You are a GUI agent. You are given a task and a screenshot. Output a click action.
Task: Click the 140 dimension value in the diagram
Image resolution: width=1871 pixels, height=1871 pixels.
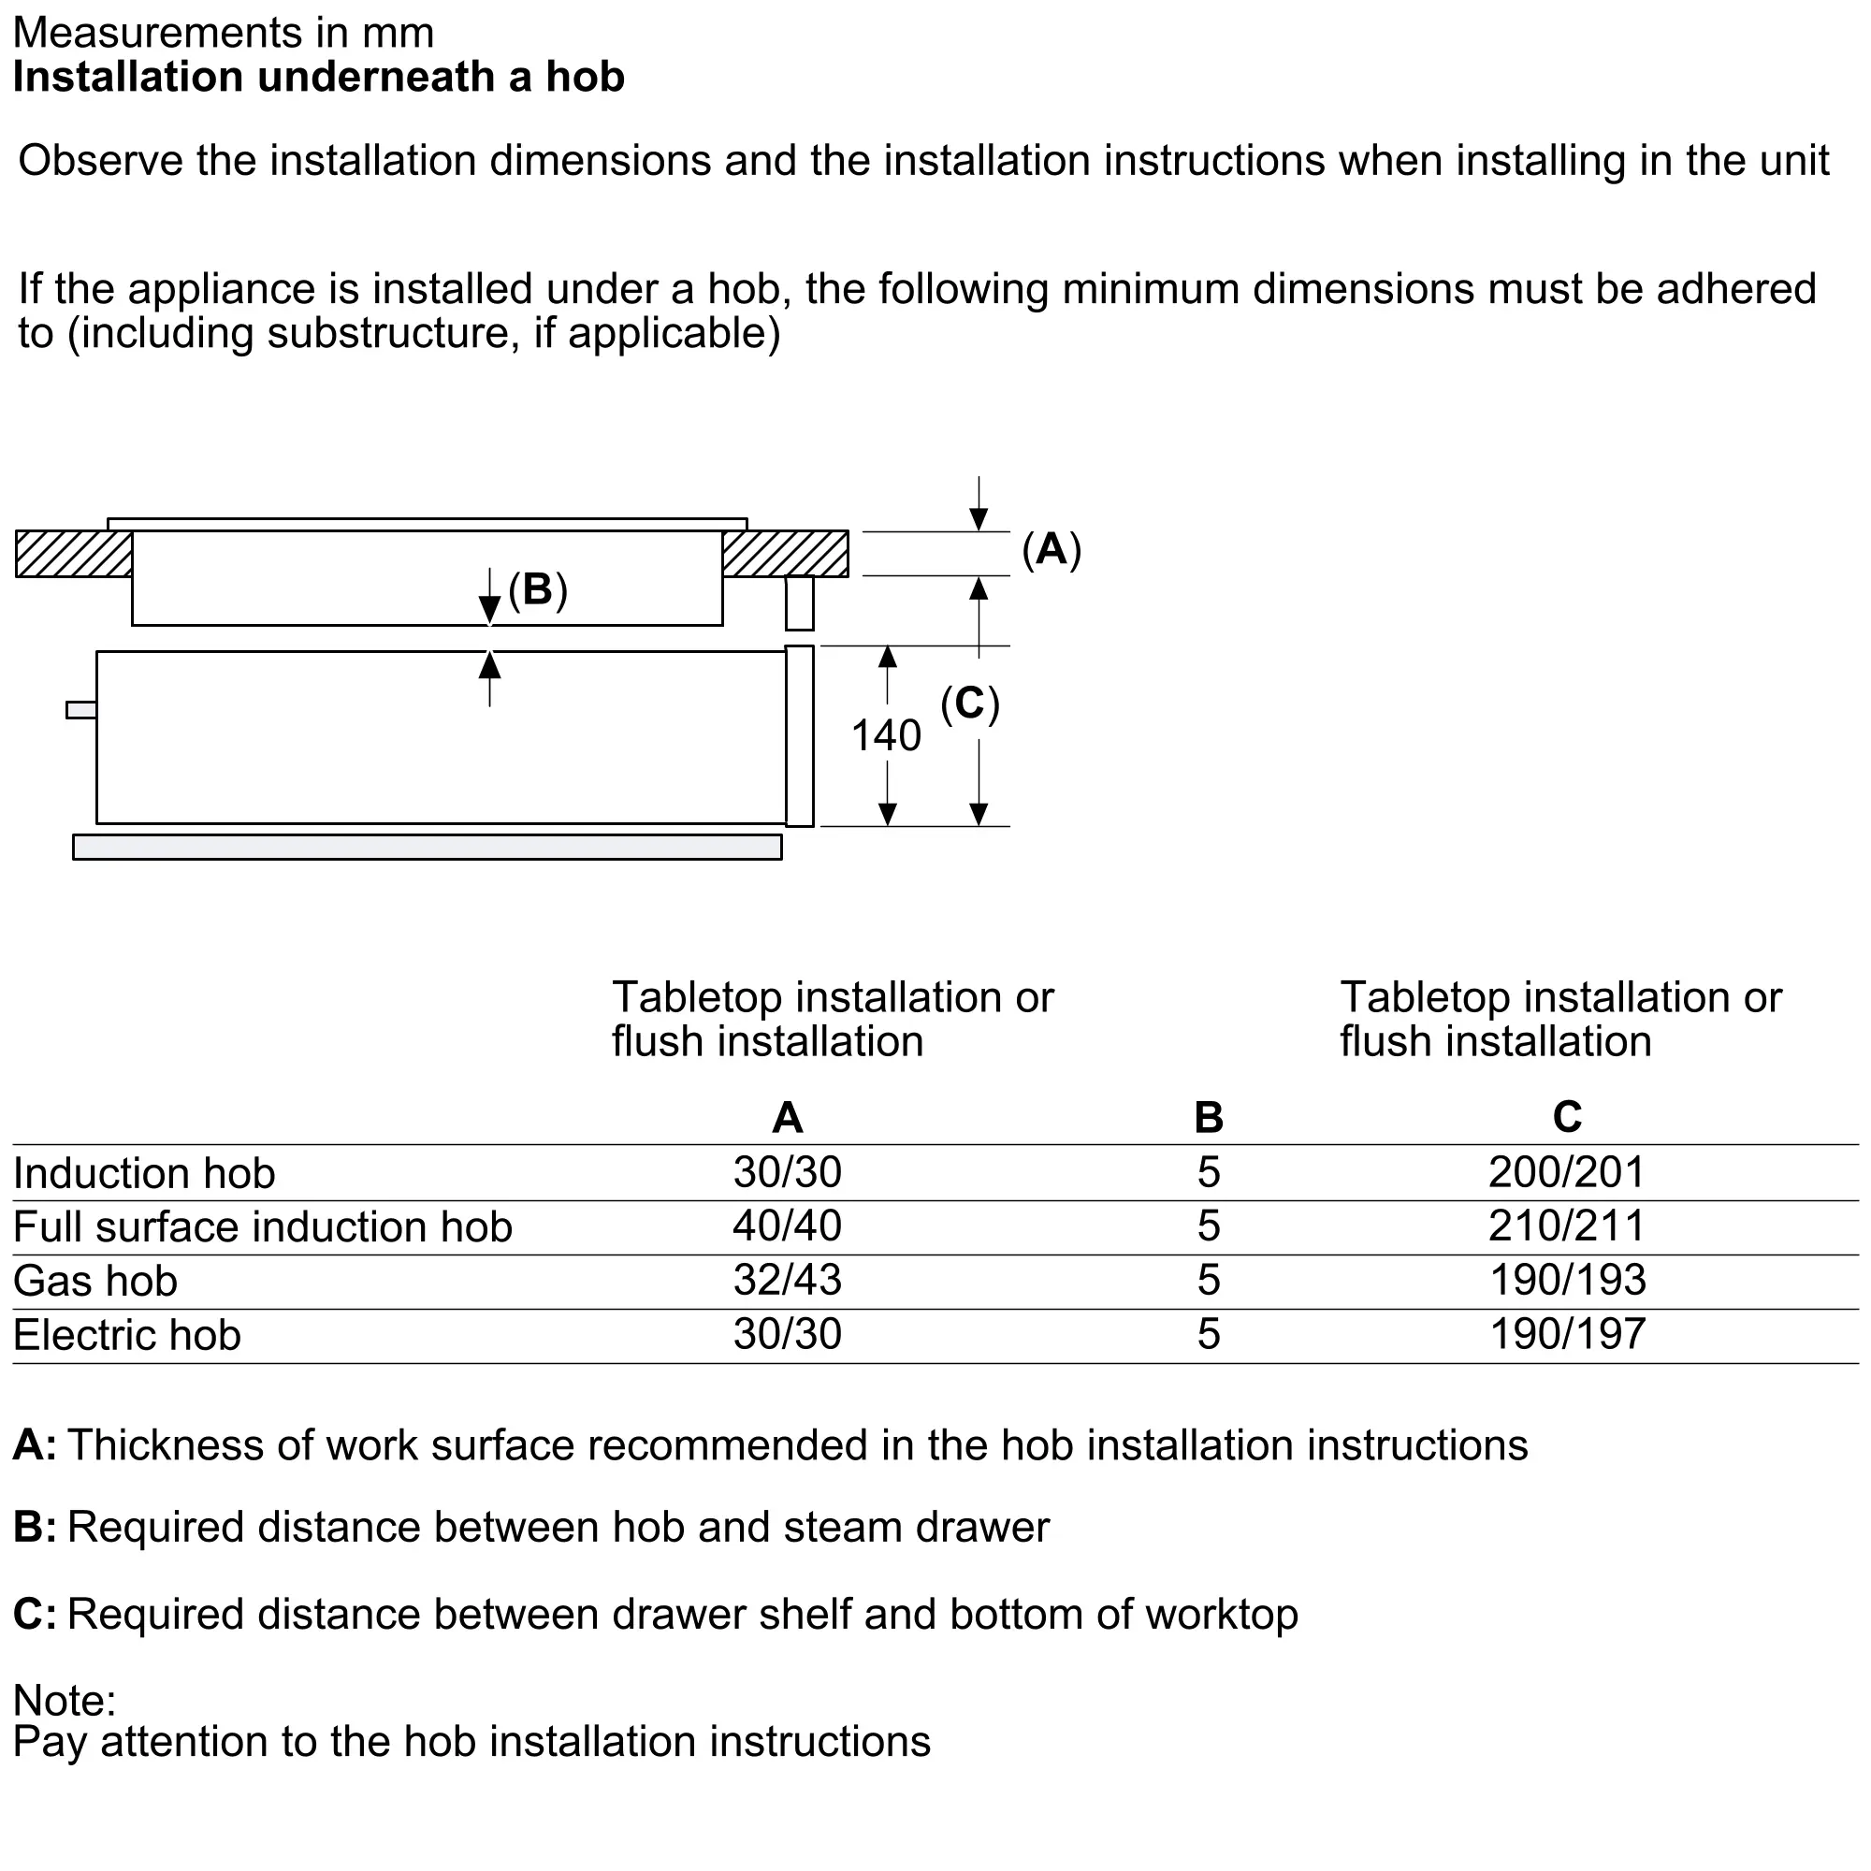pyautogui.click(x=885, y=735)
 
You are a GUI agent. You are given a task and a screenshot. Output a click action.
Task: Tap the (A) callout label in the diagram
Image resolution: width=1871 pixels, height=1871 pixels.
pyautogui.click(x=1051, y=549)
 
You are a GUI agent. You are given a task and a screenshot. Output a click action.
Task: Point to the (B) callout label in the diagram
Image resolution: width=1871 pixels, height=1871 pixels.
pyautogui.click(x=538, y=588)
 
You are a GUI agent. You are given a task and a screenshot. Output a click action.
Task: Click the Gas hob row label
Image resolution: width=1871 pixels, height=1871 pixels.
pyautogui.click(x=94, y=1281)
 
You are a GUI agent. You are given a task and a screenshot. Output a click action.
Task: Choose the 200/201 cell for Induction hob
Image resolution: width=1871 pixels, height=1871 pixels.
pyautogui.click(x=1566, y=1172)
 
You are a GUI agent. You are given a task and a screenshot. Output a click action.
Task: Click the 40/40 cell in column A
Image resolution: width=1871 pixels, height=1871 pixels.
pyautogui.click(x=788, y=1226)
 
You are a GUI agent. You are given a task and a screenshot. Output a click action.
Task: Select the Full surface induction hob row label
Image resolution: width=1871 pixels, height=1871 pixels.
pyautogui.click(x=263, y=1226)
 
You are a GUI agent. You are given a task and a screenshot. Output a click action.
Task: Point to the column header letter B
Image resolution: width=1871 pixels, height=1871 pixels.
pyautogui.click(x=1208, y=1118)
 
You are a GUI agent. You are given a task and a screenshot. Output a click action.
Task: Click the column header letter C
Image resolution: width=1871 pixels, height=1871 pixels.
pyautogui.click(x=1566, y=1117)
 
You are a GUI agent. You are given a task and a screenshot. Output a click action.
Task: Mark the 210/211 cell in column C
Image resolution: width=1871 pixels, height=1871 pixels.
pyautogui.click(x=1566, y=1226)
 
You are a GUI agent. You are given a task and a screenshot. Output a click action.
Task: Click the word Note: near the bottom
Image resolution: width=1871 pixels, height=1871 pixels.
pyautogui.click(x=65, y=1700)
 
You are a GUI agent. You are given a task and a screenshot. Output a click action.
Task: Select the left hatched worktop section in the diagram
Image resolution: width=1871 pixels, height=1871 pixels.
pyautogui.click(x=74, y=554)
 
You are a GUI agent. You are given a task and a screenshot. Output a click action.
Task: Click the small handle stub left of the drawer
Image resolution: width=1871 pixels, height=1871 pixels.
pyautogui.click(x=81, y=710)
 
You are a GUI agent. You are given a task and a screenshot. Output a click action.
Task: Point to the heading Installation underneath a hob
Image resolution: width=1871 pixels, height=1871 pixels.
pyautogui.click(x=319, y=77)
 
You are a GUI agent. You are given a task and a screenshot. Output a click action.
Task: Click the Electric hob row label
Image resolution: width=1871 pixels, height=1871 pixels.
pyautogui.click(x=127, y=1335)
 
